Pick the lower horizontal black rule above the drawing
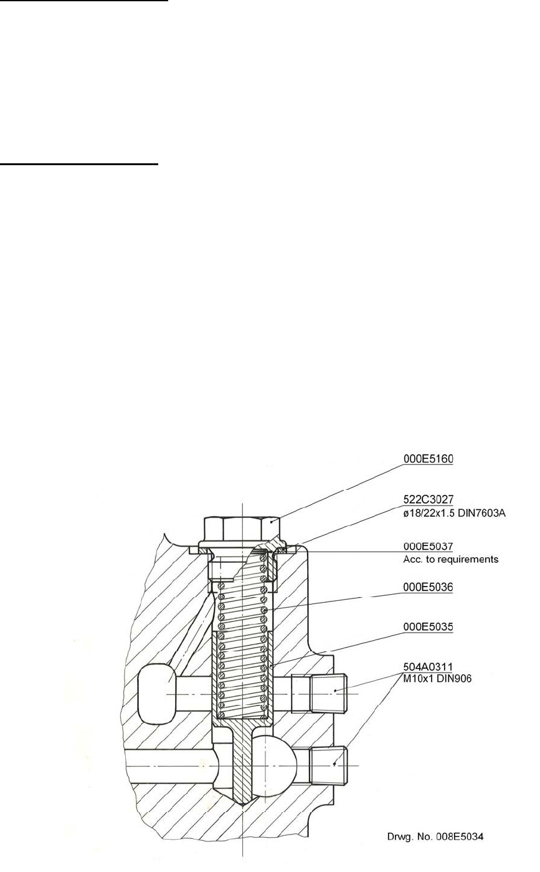79,165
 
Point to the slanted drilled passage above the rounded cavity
187,630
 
